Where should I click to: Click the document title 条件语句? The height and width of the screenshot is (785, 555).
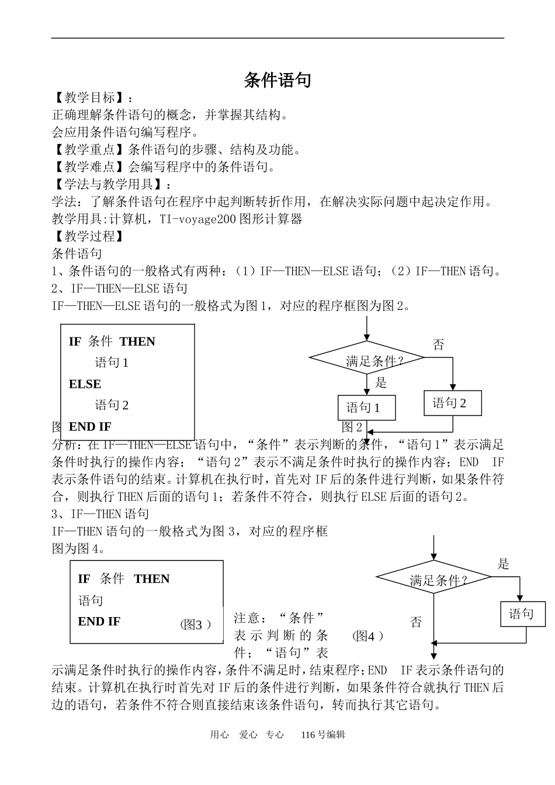point(277,80)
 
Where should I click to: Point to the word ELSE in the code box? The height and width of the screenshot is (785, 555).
point(85,384)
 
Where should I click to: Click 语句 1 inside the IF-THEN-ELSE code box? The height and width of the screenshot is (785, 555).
point(112,363)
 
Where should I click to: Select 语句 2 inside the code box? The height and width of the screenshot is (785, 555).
point(112,405)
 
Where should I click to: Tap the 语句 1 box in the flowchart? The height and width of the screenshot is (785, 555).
point(366,408)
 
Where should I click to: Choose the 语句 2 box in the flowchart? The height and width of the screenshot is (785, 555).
point(453,403)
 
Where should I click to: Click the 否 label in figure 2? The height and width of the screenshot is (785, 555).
point(438,345)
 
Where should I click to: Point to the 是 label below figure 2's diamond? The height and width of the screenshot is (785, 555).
point(381,383)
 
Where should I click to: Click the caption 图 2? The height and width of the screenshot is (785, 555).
point(352,427)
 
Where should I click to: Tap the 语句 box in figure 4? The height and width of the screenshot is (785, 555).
point(523,614)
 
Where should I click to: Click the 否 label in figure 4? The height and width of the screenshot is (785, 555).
point(416,622)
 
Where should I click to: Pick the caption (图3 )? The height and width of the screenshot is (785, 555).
point(195,625)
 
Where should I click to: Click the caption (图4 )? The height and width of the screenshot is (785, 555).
point(368,636)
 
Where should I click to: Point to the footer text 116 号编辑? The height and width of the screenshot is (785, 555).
point(323,735)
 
